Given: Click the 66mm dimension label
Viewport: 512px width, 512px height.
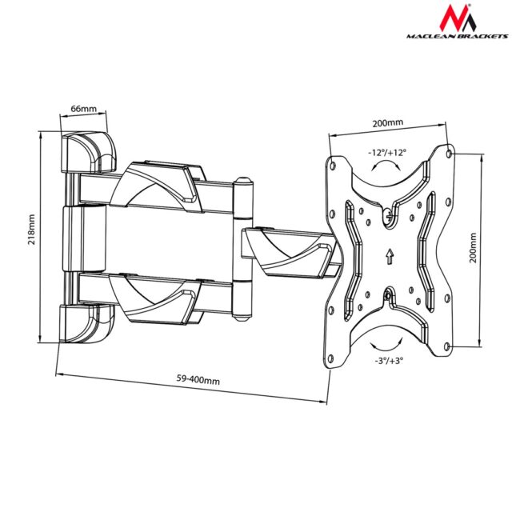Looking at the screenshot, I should click(x=83, y=108).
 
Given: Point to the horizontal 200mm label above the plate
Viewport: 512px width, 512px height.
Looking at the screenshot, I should click(x=387, y=123).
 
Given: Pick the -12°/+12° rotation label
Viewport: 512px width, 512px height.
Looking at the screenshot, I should click(x=387, y=150).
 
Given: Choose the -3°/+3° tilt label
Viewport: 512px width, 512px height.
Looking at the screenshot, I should click(x=389, y=361).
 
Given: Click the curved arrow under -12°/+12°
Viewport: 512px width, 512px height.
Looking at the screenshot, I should click(x=387, y=166).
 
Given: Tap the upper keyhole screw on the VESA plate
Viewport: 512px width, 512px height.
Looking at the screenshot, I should click(x=388, y=214).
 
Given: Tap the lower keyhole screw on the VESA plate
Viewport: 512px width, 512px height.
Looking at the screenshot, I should click(x=389, y=297).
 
